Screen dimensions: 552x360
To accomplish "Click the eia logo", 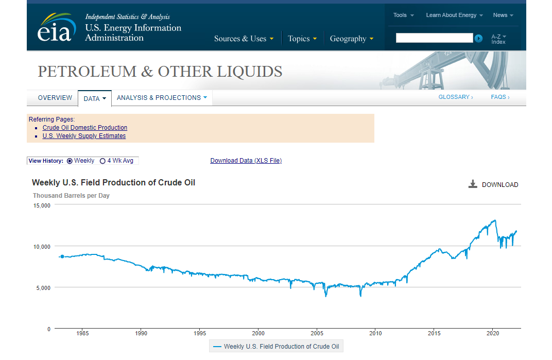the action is tap(57, 28).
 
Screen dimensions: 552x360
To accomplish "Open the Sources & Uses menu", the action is tap(244, 39).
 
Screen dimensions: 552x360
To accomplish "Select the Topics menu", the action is tap(302, 39).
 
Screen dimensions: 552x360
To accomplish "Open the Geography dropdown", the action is tap(351, 39).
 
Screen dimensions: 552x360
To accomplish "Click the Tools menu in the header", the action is tap(403, 15).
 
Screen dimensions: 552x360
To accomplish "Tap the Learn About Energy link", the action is tap(454, 15).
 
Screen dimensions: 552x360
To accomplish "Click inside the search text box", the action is tap(434, 38).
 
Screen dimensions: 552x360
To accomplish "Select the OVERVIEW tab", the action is tap(55, 97).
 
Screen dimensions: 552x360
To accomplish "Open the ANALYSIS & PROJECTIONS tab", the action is tap(162, 97).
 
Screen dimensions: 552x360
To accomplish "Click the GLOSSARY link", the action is tap(456, 97).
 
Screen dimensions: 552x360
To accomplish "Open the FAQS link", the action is tap(500, 97).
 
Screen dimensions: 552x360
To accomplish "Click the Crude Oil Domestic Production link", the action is tap(85, 128).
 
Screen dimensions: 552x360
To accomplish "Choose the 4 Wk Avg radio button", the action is tap(102, 161).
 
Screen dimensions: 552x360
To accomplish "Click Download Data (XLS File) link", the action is tap(246, 161).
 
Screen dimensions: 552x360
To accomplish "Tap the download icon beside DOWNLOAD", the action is tap(472, 184).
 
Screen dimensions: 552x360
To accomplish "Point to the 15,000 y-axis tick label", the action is tap(42, 205).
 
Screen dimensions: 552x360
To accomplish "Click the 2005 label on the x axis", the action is tap(317, 333).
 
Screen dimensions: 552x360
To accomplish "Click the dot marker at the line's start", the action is tap(62, 256).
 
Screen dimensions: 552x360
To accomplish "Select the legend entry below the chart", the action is tap(276, 346).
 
